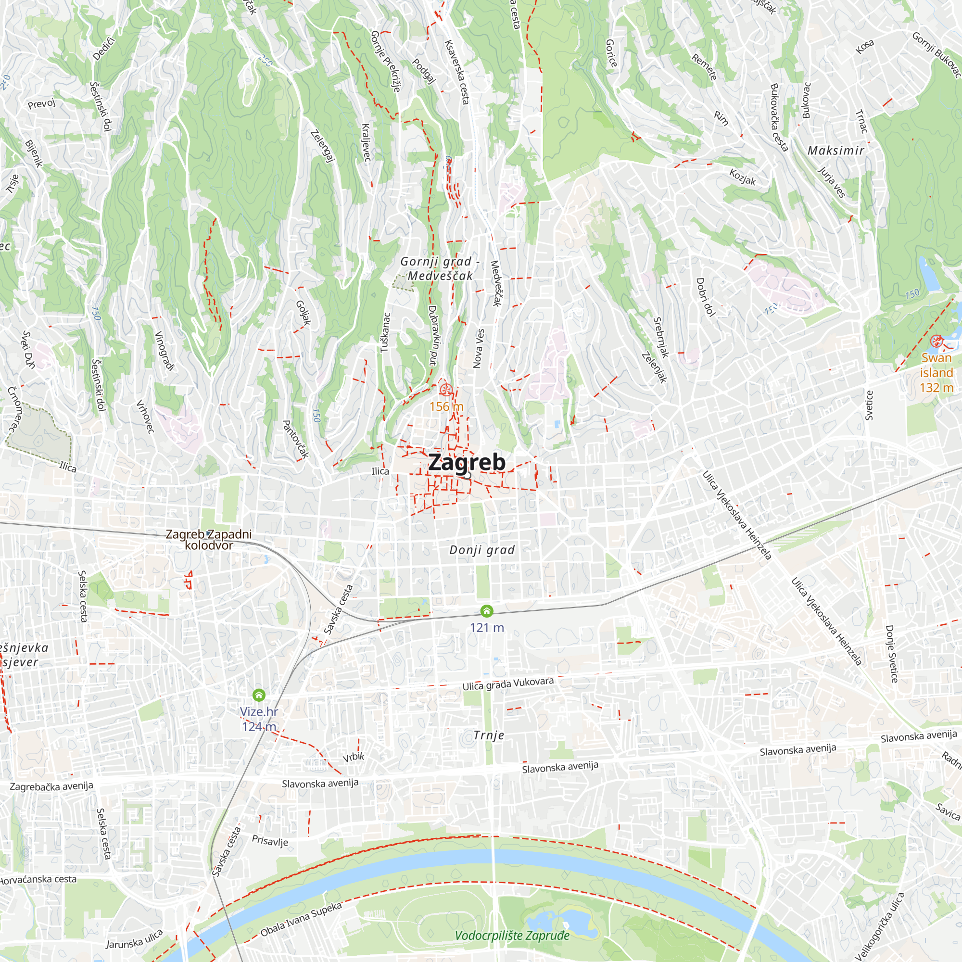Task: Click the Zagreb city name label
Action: (467, 462)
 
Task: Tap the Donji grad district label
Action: (481, 550)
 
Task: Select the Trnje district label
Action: (489, 735)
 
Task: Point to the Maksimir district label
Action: (835, 151)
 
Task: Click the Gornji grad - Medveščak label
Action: (440, 268)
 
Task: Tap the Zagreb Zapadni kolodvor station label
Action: (209, 539)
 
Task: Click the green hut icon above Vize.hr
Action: (259, 695)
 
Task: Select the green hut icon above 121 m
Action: (486, 610)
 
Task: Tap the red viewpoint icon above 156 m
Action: (446, 389)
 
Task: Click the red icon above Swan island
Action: (936, 341)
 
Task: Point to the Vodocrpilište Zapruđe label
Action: (512, 936)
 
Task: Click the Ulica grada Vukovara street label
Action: (508, 684)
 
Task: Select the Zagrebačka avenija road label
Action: (51, 786)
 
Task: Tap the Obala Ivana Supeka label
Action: (301, 919)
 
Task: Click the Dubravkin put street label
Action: (433, 335)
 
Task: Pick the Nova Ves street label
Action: (478, 348)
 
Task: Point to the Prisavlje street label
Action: (270, 840)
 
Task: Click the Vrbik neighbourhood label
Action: (354, 757)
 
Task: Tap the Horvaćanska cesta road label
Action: (38, 879)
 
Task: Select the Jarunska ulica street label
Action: (135, 939)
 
